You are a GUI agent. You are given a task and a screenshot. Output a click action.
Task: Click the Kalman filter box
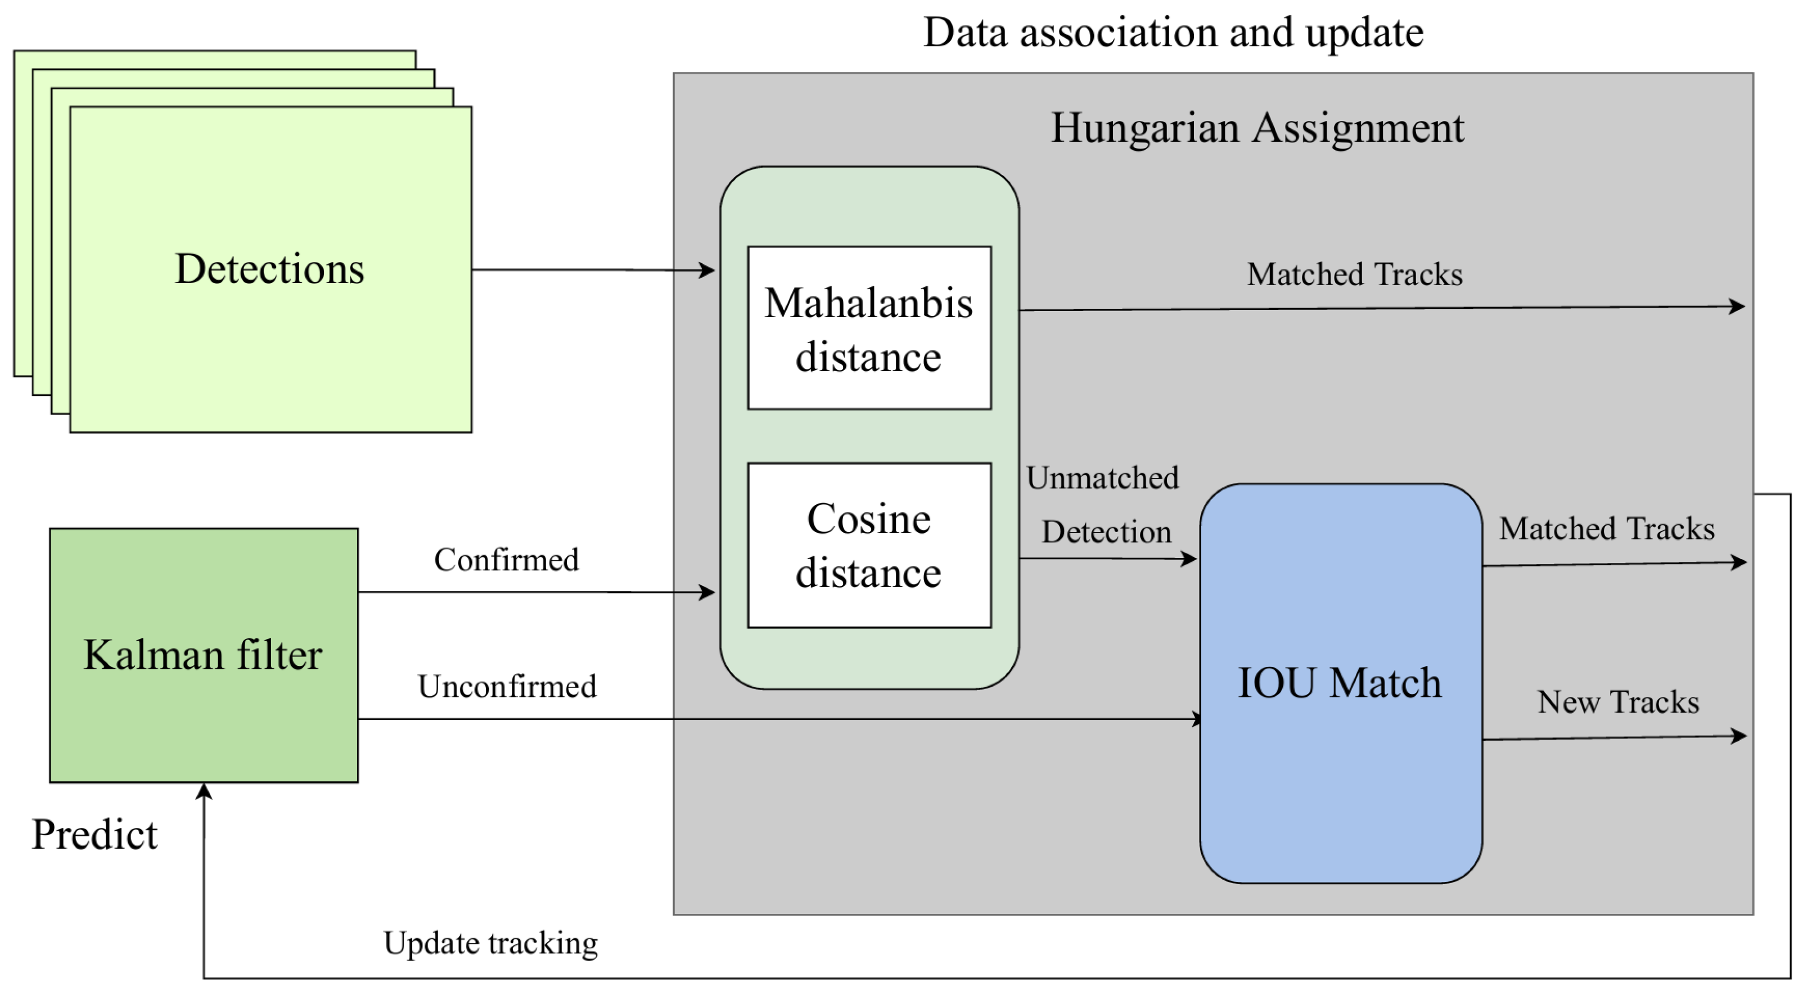click(x=203, y=655)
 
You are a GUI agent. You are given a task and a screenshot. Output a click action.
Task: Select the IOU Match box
click(x=1340, y=683)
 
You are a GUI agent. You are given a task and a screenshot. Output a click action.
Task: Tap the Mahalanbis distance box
click(x=869, y=328)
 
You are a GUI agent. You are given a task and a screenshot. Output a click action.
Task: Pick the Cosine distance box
click(x=869, y=545)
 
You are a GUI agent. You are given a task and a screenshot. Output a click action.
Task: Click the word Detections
click(x=269, y=269)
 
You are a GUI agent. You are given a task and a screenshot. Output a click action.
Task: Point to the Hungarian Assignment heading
click(x=1257, y=128)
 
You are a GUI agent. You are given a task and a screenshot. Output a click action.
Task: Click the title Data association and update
click(x=1173, y=32)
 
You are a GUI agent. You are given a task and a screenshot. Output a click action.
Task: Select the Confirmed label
click(x=506, y=560)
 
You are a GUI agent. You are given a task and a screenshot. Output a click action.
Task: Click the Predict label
click(x=94, y=834)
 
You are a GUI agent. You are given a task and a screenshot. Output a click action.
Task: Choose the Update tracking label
click(x=490, y=943)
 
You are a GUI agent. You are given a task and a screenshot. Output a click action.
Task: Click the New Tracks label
click(x=1617, y=702)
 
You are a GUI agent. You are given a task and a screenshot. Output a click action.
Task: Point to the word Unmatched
click(x=1102, y=478)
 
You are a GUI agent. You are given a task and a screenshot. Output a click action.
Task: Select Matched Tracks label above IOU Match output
click(x=1606, y=528)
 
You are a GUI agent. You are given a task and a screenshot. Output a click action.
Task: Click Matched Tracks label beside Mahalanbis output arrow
click(x=1354, y=274)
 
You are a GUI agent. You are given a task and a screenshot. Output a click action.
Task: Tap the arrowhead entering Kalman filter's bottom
click(x=204, y=791)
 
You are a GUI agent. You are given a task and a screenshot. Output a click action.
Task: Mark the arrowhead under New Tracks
click(x=1739, y=736)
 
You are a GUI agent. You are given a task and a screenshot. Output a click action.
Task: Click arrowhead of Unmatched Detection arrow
click(x=1189, y=558)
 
